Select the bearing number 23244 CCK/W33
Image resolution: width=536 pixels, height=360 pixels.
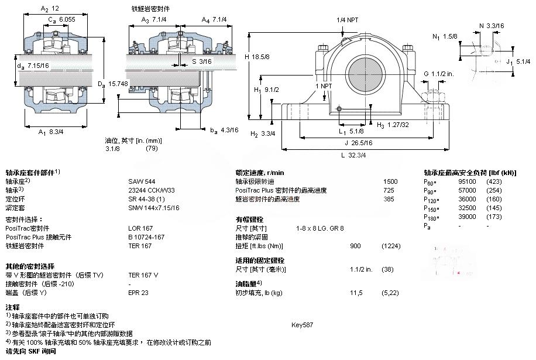151,190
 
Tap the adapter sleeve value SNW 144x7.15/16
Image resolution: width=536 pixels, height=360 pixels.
154,208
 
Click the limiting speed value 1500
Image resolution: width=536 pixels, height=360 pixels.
390,181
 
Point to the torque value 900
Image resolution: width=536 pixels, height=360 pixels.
356,246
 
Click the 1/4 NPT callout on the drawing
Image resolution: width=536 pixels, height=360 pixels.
347,20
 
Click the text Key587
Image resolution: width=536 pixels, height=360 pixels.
302,324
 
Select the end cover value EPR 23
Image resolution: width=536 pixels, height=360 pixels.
139,292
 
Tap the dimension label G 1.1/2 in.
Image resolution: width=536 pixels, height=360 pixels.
439,73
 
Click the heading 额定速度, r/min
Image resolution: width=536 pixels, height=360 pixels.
259,173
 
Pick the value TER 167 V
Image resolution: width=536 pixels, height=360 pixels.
143,275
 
